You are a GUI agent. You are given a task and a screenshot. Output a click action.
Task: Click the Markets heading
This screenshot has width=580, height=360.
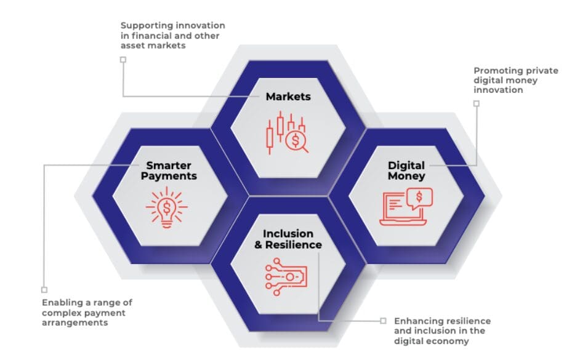pyautogui.click(x=288, y=97)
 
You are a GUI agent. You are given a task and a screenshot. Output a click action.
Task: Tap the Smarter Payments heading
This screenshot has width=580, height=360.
pyautogui.click(x=169, y=170)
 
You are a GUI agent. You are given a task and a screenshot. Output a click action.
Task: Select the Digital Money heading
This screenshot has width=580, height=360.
pyautogui.click(x=406, y=170)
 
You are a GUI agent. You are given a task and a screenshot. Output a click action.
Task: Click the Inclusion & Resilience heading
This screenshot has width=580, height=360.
pyautogui.click(x=288, y=239)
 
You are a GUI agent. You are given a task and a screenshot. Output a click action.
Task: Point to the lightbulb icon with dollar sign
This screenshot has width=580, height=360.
pyautogui.click(x=166, y=207)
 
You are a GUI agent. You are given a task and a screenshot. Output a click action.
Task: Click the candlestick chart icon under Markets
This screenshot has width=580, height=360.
pyautogui.click(x=287, y=132)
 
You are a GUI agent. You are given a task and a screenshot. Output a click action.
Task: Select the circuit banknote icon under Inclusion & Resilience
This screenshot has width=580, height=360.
pyautogui.click(x=286, y=276)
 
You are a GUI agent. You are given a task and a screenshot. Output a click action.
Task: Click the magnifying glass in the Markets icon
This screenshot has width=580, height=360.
pyautogui.click(x=297, y=142)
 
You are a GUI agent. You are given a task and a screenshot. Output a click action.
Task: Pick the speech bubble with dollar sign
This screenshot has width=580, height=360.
pyautogui.click(x=419, y=198)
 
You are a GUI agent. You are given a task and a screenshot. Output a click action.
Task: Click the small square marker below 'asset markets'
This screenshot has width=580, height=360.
pyautogui.click(x=123, y=60)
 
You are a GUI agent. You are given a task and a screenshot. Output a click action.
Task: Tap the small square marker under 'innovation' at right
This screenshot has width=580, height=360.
pyautogui.click(x=477, y=103)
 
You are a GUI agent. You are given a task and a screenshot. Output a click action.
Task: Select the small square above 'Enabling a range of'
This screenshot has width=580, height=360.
pyautogui.click(x=44, y=290)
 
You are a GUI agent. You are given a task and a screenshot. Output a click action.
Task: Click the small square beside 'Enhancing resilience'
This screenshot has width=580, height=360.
pyautogui.click(x=383, y=321)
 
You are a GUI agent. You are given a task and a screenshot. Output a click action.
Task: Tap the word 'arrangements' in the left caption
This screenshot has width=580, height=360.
pyautogui.click(x=75, y=322)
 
